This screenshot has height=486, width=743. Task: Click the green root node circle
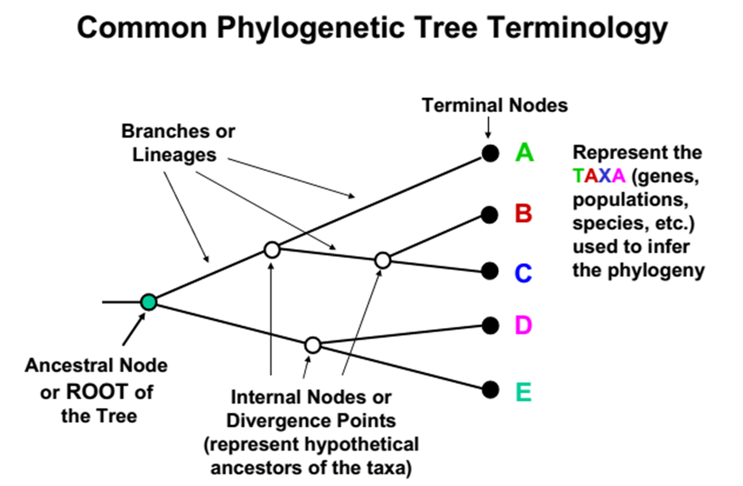pos(148,301)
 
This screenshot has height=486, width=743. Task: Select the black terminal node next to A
pos(490,154)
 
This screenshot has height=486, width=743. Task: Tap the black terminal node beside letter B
pos(490,215)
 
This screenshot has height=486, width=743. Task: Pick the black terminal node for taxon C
pos(490,270)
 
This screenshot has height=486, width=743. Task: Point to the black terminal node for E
pos(490,390)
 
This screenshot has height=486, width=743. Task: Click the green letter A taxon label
pos(524,152)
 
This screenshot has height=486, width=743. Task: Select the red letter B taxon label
pos(523,214)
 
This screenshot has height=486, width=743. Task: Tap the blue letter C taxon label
pos(523,273)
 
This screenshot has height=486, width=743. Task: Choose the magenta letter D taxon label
pos(523,326)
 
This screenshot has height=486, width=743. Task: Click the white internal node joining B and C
pos(382,261)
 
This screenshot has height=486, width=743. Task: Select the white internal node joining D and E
pos(312,345)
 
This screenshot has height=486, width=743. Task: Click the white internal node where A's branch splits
pos(272,249)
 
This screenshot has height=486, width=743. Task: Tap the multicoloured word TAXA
pos(598,177)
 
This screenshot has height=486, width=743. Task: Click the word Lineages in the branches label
pos(176,155)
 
